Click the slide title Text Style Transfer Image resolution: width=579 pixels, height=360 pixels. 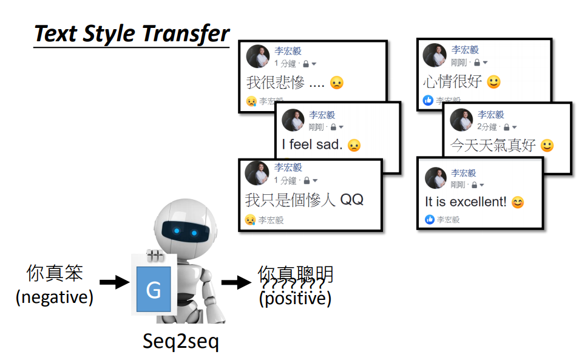[x=132, y=33]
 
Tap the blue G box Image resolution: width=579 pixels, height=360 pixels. [x=154, y=290]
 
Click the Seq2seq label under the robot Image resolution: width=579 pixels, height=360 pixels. [x=180, y=341]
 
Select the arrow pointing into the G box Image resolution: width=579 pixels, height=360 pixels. [x=114, y=282]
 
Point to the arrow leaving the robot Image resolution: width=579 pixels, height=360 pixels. [x=237, y=282]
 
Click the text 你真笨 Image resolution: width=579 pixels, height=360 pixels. [x=55, y=274]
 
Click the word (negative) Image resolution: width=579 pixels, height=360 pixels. [x=55, y=297]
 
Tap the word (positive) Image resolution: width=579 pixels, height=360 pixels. [x=295, y=299]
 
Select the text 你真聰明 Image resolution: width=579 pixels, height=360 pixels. [x=296, y=274]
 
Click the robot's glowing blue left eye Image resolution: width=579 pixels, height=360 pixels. [x=175, y=231]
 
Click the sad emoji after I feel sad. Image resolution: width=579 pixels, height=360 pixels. [x=353, y=145]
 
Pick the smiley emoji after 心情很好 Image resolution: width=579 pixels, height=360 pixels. [x=493, y=82]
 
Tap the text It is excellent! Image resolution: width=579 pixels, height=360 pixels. [x=465, y=202]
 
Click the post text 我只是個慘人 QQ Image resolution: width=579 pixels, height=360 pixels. [x=304, y=200]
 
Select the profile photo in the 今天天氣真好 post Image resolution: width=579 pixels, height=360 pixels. [x=461, y=120]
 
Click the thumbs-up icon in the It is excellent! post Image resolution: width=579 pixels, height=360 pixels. [x=430, y=219]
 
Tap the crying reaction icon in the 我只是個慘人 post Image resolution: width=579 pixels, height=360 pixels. [x=250, y=220]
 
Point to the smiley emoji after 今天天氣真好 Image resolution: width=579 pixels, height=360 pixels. [x=547, y=146]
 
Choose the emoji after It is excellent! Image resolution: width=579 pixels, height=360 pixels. [x=517, y=202]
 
